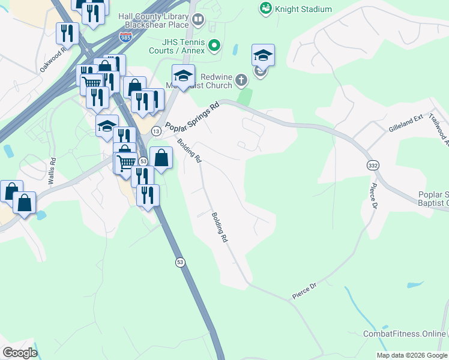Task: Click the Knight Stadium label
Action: coord(304,9)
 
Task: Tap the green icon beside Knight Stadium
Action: coord(265,8)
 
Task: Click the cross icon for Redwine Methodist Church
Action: coord(240,80)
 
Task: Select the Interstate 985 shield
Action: coord(125,37)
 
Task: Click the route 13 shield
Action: coord(156,131)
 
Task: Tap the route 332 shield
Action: coord(372,164)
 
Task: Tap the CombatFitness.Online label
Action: coord(404,334)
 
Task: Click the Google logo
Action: coord(20,353)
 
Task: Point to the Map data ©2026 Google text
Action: coord(412,355)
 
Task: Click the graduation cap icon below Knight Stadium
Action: coord(263,56)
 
